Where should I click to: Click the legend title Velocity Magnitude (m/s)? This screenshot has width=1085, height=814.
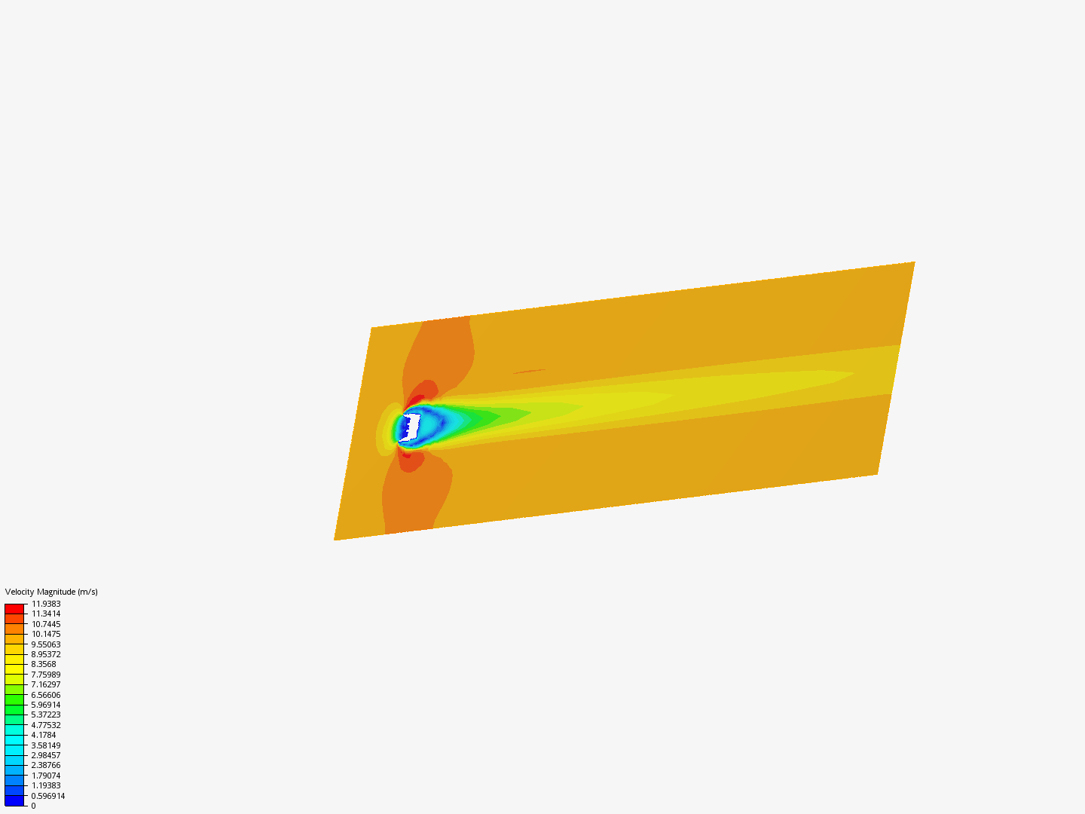click(x=51, y=592)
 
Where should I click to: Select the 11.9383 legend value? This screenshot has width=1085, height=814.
click(x=46, y=604)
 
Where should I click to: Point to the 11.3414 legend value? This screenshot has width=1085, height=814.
click(x=46, y=614)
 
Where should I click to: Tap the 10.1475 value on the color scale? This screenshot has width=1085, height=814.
click(x=46, y=634)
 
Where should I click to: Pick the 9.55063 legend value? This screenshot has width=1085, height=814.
click(x=46, y=644)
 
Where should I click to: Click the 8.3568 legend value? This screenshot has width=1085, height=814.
click(x=44, y=664)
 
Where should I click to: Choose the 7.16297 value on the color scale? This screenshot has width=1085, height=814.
click(x=46, y=684)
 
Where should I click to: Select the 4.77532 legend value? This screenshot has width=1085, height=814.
click(x=46, y=725)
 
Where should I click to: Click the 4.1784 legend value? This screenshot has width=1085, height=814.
click(x=44, y=735)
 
